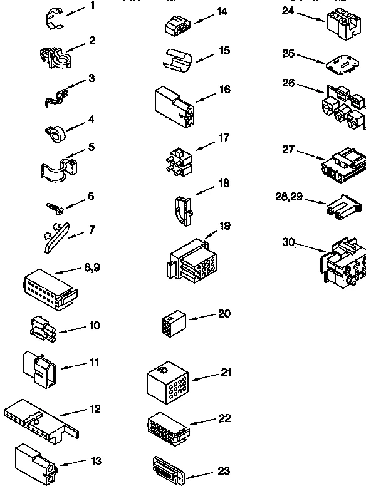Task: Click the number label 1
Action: coord(93,6)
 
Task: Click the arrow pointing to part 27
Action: coord(310,154)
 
